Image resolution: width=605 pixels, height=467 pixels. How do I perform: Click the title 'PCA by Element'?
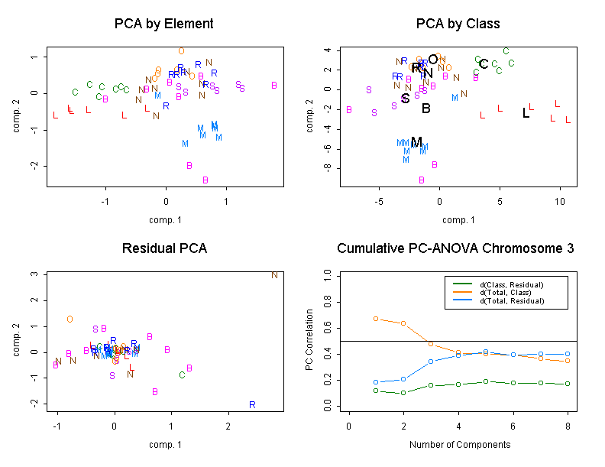(x=163, y=24)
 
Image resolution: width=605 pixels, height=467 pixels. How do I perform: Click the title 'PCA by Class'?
(x=458, y=24)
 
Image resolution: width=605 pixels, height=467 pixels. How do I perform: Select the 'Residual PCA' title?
(x=163, y=249)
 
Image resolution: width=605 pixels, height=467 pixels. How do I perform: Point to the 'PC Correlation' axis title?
(x=310, y=340)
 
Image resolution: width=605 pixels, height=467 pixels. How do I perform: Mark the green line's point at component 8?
(x=568, y=384)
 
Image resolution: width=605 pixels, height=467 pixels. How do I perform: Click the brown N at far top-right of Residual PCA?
(x=274, y=274)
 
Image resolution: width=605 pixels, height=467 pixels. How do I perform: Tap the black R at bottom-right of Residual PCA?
(x=252, y=404)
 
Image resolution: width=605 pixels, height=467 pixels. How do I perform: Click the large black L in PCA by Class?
(x=526, y=113)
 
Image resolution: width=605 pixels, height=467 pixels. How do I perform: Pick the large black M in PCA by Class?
(x=416, y=142)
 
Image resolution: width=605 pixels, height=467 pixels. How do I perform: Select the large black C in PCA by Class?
(x=484, y=64)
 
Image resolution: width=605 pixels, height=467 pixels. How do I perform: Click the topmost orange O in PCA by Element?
(x=181, y=51)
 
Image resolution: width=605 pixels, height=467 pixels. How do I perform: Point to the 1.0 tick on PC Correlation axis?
(x=327, y=273)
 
